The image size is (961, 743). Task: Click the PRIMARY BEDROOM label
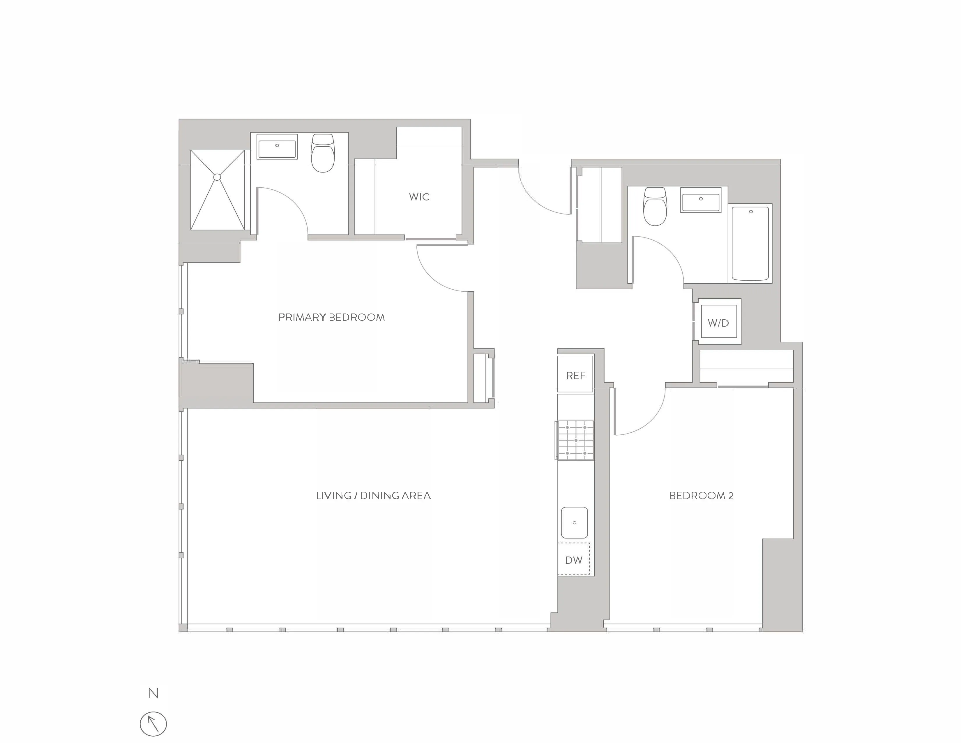point(331,317)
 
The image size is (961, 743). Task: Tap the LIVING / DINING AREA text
point(373,496)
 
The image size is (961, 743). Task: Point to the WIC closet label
point(419,197)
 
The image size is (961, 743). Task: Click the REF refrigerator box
point(575,375)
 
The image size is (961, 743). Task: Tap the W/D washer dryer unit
point(718,323)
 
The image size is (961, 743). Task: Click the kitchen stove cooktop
point(575,440)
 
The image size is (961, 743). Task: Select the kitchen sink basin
point(574,522)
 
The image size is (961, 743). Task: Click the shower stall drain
point(217,177)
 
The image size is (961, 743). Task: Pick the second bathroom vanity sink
point(700,200)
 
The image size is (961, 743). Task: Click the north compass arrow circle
point(153,724)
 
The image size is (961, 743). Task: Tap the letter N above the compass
point(153,694)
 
